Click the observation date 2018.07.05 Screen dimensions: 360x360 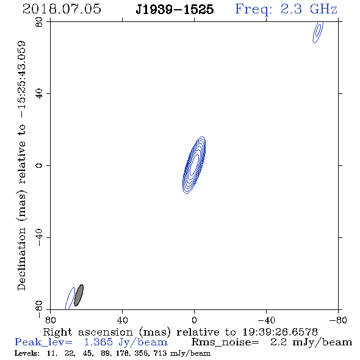tap(62, 9)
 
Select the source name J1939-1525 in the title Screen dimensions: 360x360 tap(175, 9)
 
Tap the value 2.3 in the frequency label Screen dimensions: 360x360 tap(291, 9)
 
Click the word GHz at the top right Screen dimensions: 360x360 tap(323, 9)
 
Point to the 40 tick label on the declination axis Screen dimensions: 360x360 tap(39, 94)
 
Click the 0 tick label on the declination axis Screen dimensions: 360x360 tap(39, 165)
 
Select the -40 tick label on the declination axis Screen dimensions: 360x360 tap(39, 237)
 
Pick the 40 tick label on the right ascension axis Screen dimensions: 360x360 tap(122, 320)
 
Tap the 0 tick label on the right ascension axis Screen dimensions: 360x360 tap(194, 320)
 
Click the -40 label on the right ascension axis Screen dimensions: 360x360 tap(266, 320)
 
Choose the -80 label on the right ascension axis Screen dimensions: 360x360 tap(338, 320)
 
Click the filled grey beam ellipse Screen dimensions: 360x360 tap(79, 295)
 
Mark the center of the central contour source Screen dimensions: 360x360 tap(194, 165)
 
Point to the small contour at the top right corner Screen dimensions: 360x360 tap(318, 32)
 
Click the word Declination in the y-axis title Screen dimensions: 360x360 tap(21, 259)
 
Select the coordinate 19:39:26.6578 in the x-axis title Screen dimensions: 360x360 tap(280, 332)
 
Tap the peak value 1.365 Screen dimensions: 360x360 tap(98, 342)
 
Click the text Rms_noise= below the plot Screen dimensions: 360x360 tap(225, 342)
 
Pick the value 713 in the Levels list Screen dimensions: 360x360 tap(162, 353)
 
